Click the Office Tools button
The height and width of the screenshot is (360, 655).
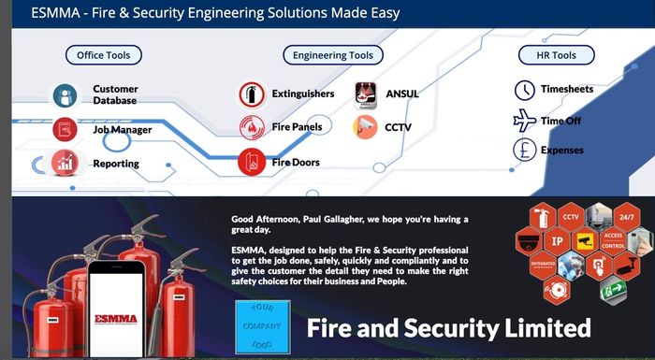coord(104,55)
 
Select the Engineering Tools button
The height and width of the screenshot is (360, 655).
coord(332,55)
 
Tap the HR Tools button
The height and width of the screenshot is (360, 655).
coord(557,55)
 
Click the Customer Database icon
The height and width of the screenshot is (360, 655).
coord(65,95)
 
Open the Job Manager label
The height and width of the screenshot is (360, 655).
coord(122,130)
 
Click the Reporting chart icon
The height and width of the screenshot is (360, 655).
coord(65,163)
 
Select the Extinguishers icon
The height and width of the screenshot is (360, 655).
coord(251,94)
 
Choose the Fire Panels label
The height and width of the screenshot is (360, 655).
coord(297,127)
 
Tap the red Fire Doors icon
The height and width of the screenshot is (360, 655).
coord(251,162)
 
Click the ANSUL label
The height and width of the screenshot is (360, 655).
coord(402,94)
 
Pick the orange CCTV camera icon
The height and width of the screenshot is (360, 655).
coord(366,127)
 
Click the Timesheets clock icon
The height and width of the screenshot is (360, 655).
coord(525,91)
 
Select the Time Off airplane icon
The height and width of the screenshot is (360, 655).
coord(525,121)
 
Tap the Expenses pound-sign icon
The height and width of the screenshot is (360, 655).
coord(525,150)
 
